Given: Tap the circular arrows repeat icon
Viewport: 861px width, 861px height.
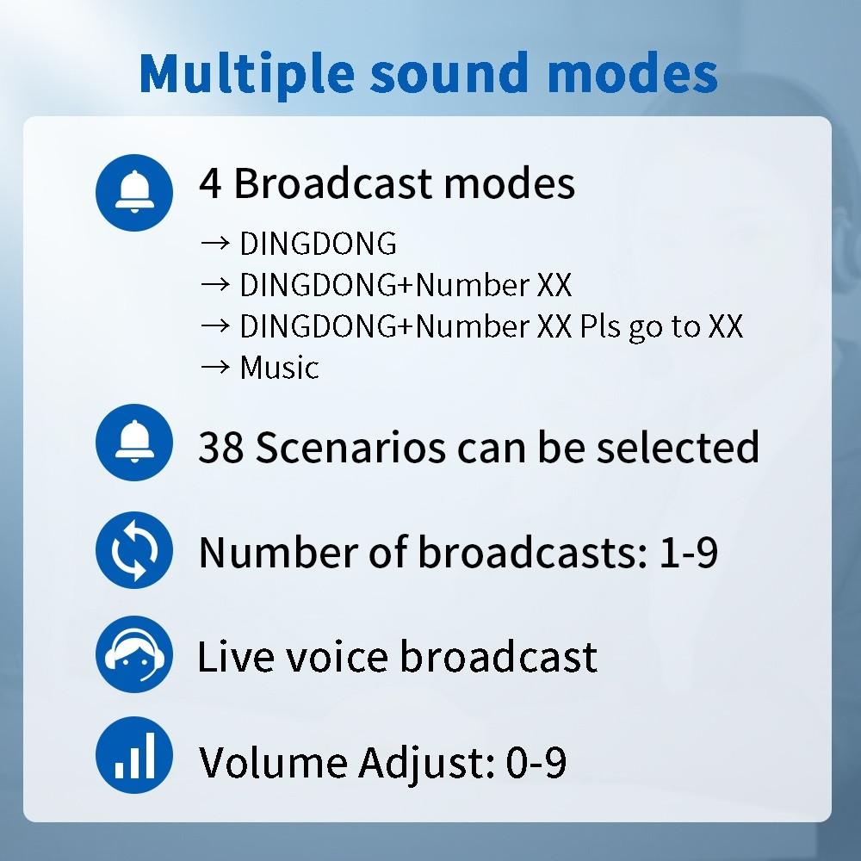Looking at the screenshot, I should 133,549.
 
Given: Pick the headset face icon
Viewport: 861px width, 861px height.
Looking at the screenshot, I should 133,654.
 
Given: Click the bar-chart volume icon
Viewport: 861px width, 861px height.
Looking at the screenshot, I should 133,758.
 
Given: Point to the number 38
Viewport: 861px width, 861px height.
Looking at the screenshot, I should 221,447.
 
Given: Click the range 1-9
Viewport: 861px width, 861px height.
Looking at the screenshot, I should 688,552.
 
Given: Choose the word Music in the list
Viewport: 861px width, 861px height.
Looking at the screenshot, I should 279,368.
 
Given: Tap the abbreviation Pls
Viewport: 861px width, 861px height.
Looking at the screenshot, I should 593,327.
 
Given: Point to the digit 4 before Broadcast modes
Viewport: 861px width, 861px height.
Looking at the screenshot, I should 210,183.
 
